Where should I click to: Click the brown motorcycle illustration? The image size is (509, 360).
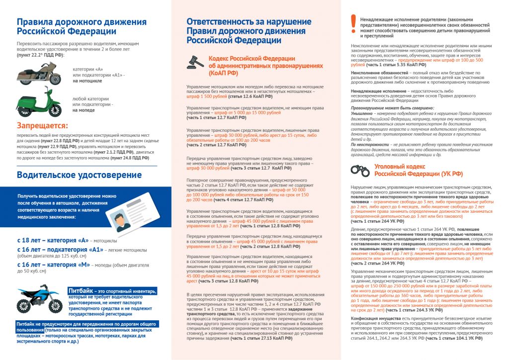pyautogui.click(x=39, y=75)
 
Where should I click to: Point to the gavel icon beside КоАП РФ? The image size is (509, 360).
pyautogui.click(x=195, y=62)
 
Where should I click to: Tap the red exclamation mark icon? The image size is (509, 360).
pyautogui.click(x=353, y=22)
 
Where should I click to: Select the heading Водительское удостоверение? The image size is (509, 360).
pyautogui.click(x=79, y=175)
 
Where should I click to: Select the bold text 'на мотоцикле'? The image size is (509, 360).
pyautogui.click(x=87, y=80)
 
